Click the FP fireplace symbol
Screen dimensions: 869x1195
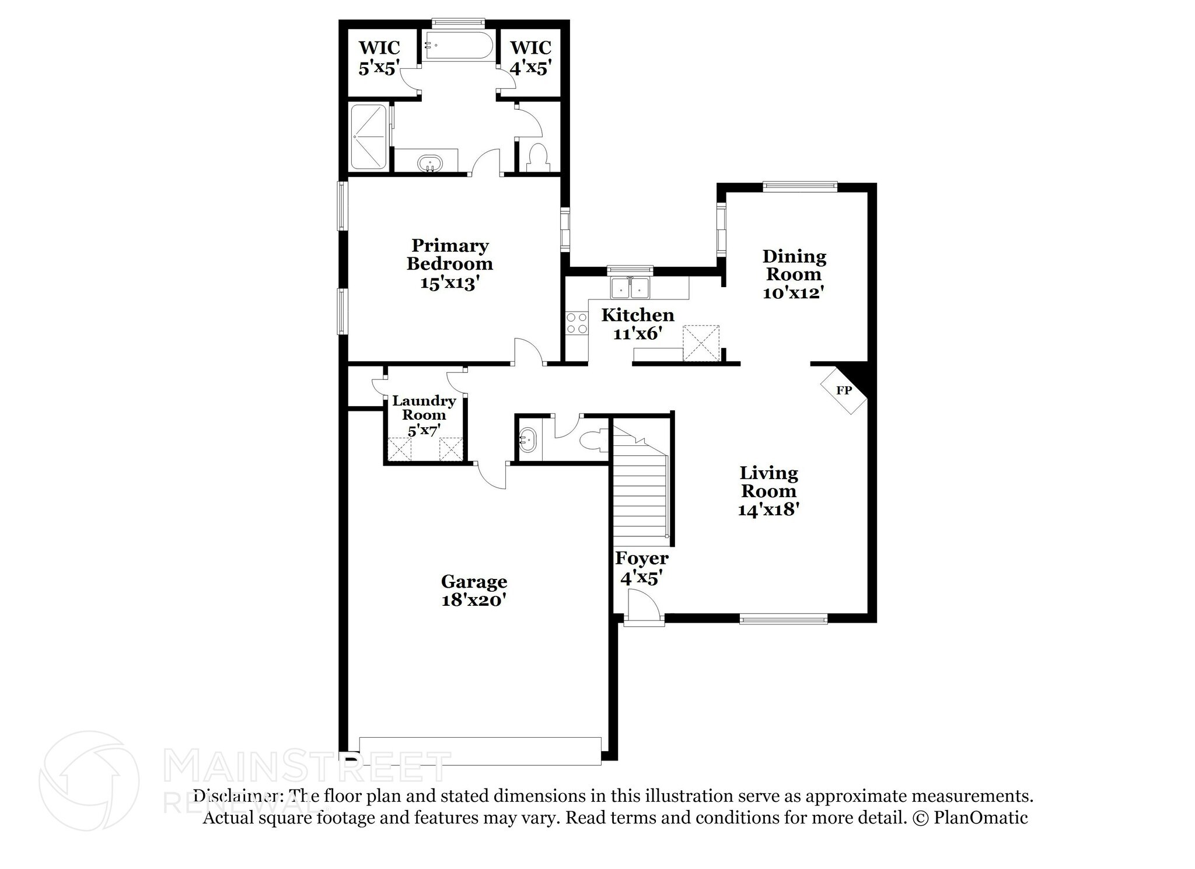pos(844,390)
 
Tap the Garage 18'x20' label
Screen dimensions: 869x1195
pos(474,590)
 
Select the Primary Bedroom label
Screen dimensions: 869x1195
pos(449,263)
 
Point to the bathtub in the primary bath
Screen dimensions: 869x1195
pos(458,45)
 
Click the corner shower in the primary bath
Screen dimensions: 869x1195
pos(368,137)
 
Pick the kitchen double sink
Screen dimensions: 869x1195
pos(630,288)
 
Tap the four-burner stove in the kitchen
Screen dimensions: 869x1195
pos(576,323)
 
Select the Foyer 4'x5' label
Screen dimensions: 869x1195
pos(641,568)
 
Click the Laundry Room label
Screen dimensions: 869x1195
pos(424,415)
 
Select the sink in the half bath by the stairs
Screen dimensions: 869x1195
pos(528,439)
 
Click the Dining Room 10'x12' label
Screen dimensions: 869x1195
pos(794,274)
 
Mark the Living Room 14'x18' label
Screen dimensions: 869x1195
pos(768,491)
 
